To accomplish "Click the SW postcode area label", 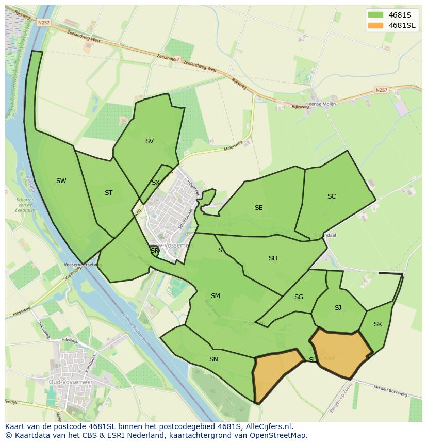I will tap(61, 181).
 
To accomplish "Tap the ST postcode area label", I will tap(108, 193).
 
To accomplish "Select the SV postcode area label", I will tap(150, 141).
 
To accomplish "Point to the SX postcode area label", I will tap(155, 183).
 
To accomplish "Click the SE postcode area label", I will tap(258, 208).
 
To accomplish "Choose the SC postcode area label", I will tap(332, 196).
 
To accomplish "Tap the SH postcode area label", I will tap(273, 258).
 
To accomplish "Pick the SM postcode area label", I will tap(216, 296).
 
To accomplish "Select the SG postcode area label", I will tap(299, 297).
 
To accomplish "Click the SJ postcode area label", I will tap(338, 308).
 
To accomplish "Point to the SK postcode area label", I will tap(378, 324).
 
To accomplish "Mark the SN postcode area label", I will tap(213, 359).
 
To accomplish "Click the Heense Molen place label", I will tap(321, 104).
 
